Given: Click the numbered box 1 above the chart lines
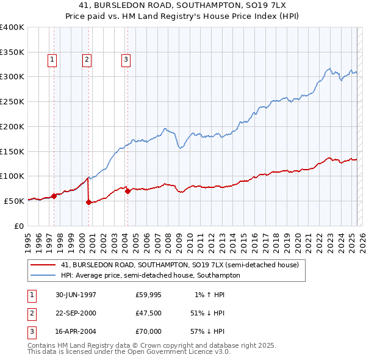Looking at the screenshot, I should [52, 60].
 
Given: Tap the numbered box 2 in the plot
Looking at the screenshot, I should [87, 60].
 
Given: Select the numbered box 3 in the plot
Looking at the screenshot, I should [126, 60].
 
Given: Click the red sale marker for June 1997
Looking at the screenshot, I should [54, 196].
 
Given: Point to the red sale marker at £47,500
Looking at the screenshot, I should [89, 202].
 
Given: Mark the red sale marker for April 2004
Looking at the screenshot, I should [127, 191].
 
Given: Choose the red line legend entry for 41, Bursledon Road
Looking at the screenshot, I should [179, 265].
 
